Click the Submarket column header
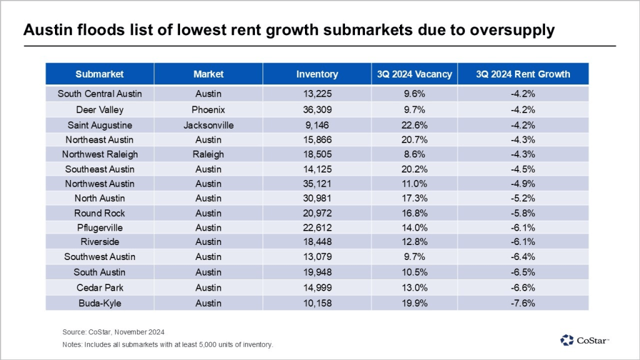pyautogui.click(x=99, y=74)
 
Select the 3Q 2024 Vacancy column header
pyautogui.click(x=414, y=74)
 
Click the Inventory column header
pyautogui.click(x=317, y=74)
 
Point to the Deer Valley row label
pyautogui.click(x=99, y=109)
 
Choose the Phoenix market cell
pyautogui.click(x=208, y=109)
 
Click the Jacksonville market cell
pyautogui.click(x=208, y=124)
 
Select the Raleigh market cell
pyautogui.click(x=208, y=154)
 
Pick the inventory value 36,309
pyautogui.click(x=317, y=109)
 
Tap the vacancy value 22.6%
pyautogui.click(x=414, y=124)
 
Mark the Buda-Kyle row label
pyautogui.click(x=99, y=302)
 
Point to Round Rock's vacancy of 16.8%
pyautogui.click(x=414, y=213)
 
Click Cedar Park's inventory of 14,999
pyautogui.click(x=317, y=287)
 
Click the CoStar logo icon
pyautogui.click(x=567, y=340)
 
